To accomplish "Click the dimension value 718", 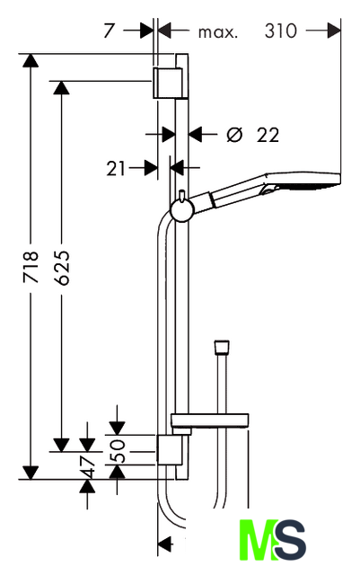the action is (x=31, y=267).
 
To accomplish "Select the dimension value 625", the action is (x=61, y=268).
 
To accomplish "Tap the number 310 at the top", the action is (x=280, y=31).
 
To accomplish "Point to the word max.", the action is (x=218, y=32).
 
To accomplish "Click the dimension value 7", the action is (x=110, y=31).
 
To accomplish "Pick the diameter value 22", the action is (x=268, y=135).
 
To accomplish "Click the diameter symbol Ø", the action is (x=234, y=135).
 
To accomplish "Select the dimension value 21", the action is (x=116, y=169).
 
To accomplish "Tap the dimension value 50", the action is (x=118, y=451).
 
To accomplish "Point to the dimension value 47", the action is (x=87, y=467).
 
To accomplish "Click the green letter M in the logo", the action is (x=258, y=539).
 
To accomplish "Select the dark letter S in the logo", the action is (x=290, y=539).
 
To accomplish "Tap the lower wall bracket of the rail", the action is (x=170, y=450).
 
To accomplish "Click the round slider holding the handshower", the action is (x=182, y=211).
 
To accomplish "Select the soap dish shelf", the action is (x=210, y=420).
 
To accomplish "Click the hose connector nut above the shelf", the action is (x=222, y=347).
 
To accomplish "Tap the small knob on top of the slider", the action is (x=181, y=195).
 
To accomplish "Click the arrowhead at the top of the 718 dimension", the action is (x=31, y=60).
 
